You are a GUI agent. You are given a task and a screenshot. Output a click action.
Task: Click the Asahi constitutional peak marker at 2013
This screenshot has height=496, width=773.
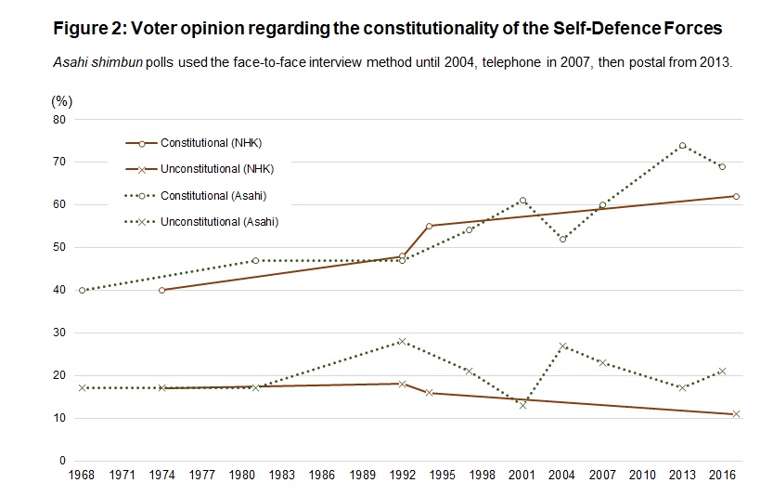pos(682,146)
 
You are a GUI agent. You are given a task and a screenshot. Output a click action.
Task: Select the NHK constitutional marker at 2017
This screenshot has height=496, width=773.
pos(736,196)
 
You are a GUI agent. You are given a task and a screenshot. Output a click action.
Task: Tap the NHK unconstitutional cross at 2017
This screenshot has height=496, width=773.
pos(736,413)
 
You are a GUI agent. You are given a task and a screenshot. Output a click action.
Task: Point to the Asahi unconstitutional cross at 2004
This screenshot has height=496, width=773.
pos(562,346)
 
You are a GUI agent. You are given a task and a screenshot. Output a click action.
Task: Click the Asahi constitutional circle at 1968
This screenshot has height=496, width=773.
pos(83,290)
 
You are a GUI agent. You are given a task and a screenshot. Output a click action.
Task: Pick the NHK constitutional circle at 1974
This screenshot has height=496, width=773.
pos(162,290)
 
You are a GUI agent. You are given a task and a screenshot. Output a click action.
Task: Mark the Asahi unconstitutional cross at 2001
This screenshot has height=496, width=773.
pos(522,405)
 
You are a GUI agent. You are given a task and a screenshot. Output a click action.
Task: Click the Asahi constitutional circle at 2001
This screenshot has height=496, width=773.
pos(522,201)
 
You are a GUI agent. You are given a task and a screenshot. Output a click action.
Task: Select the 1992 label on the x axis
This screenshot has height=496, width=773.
pos(402,476)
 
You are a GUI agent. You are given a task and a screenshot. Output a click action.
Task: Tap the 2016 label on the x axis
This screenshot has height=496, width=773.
pos(723,476)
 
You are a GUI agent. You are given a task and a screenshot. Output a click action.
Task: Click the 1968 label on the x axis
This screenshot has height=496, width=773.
pos(83,476)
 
